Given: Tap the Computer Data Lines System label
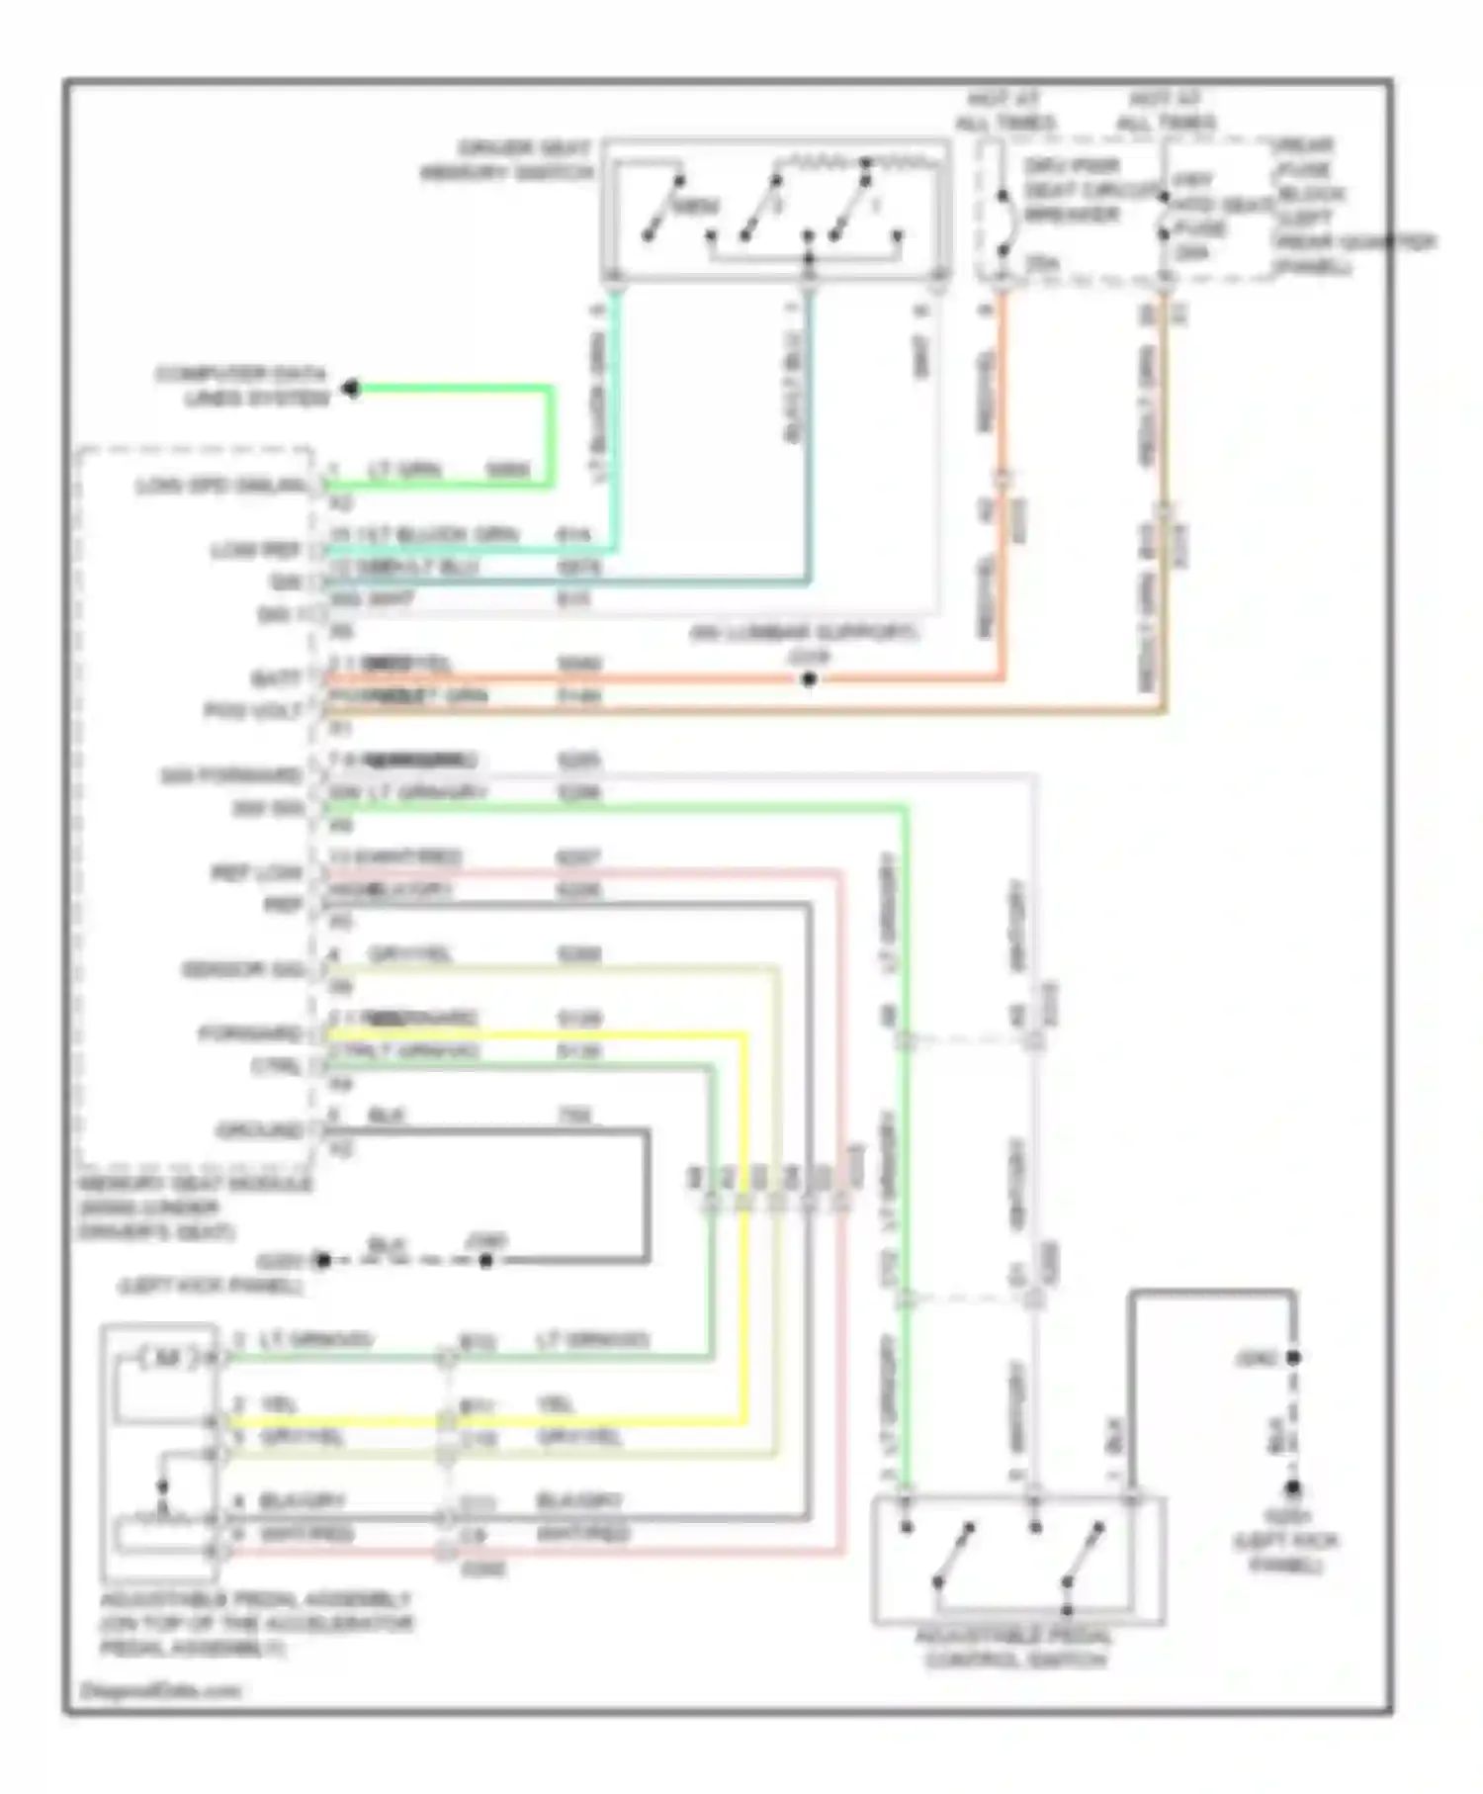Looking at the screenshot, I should (x=241, y=387).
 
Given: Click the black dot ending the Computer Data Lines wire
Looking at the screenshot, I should (x=351, y=389).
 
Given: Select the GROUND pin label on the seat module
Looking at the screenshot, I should (x=259, y=1130).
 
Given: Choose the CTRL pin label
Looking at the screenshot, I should (x=276, y=1066).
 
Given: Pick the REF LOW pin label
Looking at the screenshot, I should (x=256, y=873).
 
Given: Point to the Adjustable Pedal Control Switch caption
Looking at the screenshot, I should (x=1016, y=1649).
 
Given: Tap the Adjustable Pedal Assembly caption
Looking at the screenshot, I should (x=255, y=1624).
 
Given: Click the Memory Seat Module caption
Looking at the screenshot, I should (x=195, y=1208).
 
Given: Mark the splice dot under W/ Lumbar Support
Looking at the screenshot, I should (x=809, y=679).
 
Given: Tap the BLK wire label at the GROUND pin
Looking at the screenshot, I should (x=387, y=1116).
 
